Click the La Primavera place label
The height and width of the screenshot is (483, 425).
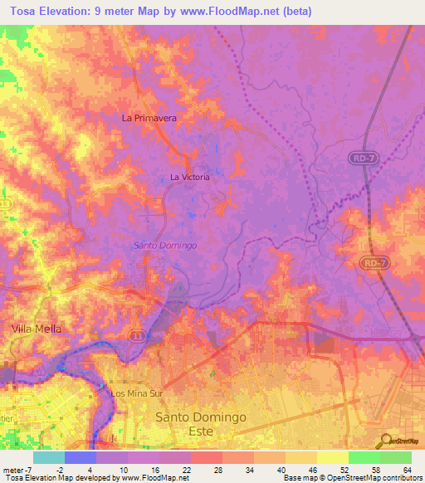pos(149,118)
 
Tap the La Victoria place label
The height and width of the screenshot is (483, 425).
pos(190,177)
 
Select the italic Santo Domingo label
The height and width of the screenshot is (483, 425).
pos(165,246)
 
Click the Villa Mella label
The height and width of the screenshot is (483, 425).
pos(36,329)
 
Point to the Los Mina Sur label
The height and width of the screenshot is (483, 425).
pos(135,393)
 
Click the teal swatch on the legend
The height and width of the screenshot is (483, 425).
pos(49,457)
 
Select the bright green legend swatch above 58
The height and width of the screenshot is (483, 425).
pos(364,457)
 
